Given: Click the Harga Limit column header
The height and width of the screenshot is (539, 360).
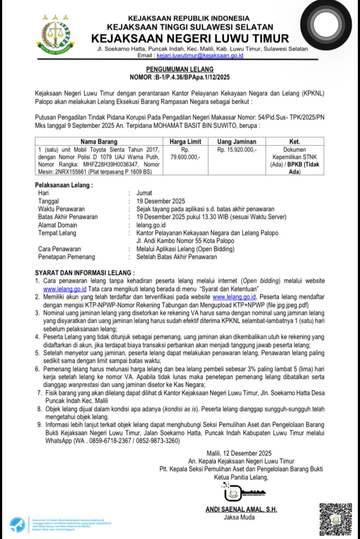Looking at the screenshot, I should (x=185, y=142).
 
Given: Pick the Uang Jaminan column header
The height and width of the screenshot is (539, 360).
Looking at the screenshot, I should (x=237, y=142).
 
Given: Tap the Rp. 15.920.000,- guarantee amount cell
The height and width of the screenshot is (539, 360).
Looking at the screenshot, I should (x=237, y=149).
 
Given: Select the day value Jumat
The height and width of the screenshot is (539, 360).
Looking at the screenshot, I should (x=144, y=193).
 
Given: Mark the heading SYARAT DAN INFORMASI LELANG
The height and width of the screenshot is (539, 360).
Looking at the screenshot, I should (x=85, y=273).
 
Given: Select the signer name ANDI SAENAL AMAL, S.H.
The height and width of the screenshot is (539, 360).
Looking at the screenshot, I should (x=241, y=509).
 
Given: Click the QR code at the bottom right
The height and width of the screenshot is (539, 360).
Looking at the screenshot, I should (x=336, y=519).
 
